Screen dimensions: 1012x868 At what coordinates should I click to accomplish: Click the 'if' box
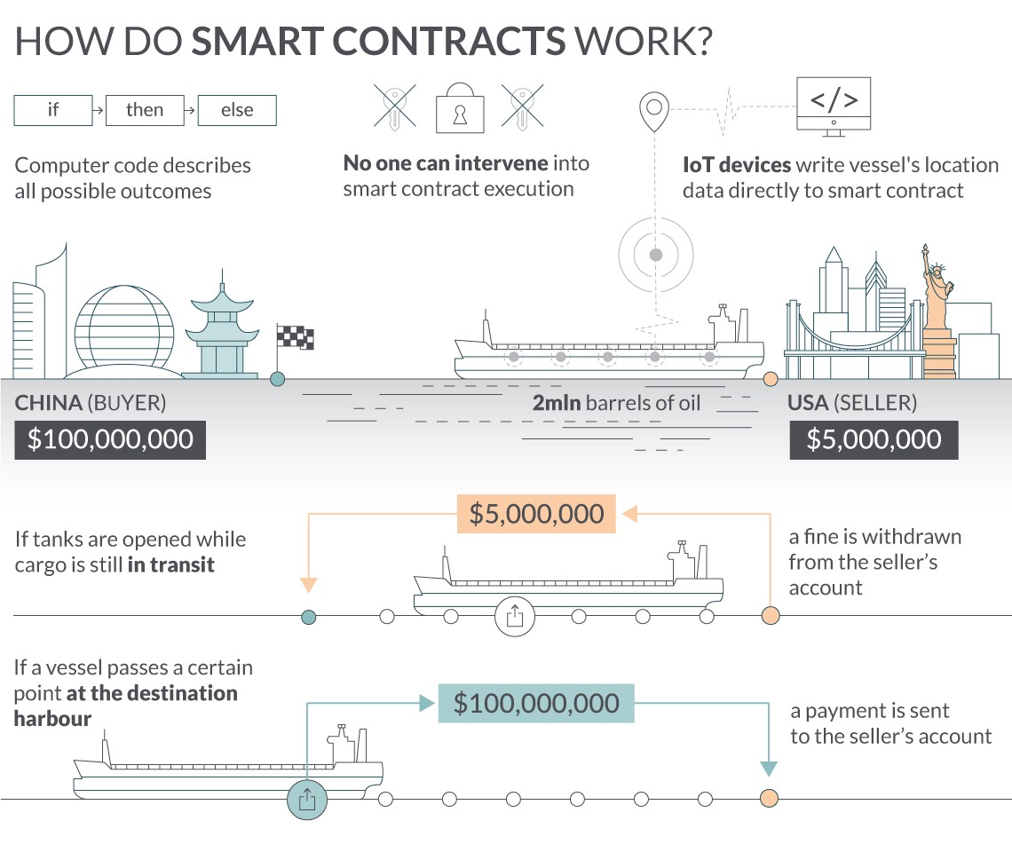[53, 110]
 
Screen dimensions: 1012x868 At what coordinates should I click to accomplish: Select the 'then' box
[145, 110]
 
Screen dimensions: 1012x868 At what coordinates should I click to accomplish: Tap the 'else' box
[237, 110]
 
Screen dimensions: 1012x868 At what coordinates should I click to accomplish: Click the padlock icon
[460, 108]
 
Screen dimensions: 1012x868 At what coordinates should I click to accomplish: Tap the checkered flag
[295, 337]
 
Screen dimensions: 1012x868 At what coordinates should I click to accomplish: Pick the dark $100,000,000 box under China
[110, 440]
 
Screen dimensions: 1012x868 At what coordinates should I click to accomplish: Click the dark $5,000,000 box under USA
[874, 440]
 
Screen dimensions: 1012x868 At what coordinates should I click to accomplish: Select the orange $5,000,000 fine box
[536, 514]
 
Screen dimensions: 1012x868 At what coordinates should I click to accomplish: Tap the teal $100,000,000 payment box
[536, 703]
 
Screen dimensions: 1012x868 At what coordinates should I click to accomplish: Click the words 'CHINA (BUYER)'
[91, 403]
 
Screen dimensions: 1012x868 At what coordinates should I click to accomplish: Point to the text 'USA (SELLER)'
[852, 403]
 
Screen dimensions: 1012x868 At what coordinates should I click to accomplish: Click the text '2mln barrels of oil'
[616, 403]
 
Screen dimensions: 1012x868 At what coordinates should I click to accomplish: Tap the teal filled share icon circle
[307, 800]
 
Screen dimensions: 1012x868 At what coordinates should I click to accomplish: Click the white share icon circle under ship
[514, 616]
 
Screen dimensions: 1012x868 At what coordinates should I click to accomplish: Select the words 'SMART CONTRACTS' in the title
[379, 42]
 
